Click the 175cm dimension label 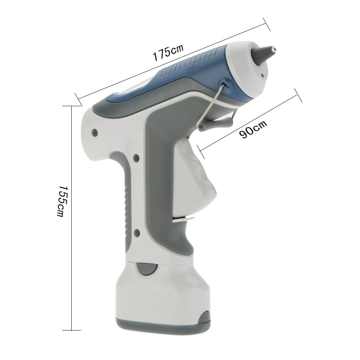[x=168, y=51]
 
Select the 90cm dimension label [x=253, y=129]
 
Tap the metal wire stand [x=212, y=104]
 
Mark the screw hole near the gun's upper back [x=95, y=132]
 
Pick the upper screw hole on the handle [x=136, y=157]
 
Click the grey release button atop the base [x=146, y=268]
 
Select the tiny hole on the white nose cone [x=263, y=75]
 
